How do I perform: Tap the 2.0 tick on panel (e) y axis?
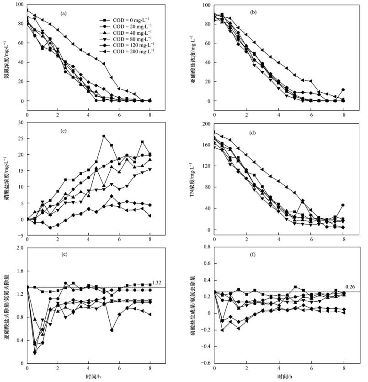[x=18, y=247]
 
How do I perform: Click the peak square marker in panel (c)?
[x=104, y=136]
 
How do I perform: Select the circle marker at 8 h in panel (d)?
[x=343, y=205]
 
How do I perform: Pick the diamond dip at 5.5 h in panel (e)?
[x=112, y=330]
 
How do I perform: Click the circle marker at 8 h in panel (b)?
[x=343, y=90]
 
